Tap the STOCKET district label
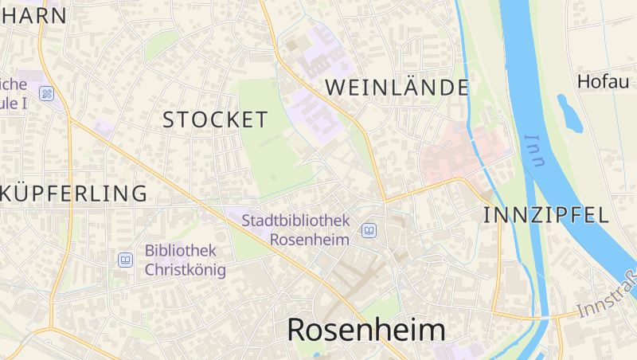[215, 120]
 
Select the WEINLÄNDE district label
[397, 88]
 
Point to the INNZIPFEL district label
[545, 214]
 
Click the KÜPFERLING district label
[76, 194]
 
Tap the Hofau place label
[603, 81]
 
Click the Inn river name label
[535, 151]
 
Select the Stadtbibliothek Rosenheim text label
[296, 229]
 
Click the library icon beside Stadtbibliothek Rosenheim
[369, 231]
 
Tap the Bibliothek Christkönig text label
[185, 260]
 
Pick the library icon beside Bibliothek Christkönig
[125, 260]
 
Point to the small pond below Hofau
[569, 113]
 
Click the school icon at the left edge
[47, 94]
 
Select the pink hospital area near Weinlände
[458, 151]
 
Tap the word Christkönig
[185, 270]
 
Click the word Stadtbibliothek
[296, 220]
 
